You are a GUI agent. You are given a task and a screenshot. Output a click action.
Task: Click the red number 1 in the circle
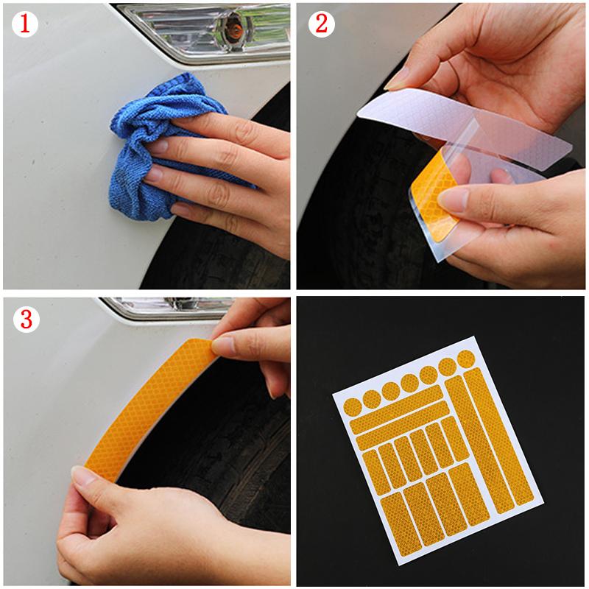24,24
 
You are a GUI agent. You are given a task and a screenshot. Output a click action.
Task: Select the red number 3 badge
24,319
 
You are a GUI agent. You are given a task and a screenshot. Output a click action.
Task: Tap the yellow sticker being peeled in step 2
431,193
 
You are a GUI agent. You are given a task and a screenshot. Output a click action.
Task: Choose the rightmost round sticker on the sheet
465,359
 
